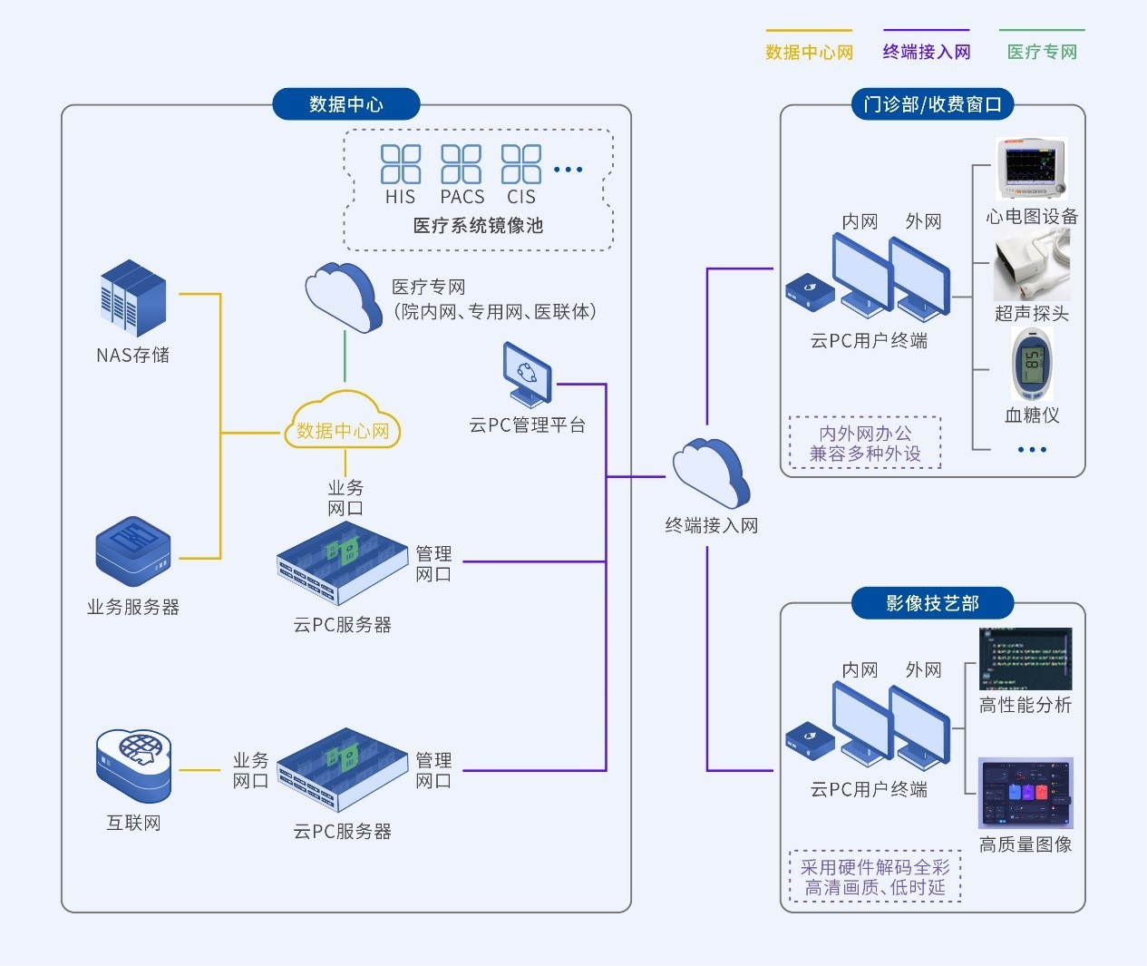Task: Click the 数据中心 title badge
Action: click(345, 104)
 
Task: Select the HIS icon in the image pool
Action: click(401, 164)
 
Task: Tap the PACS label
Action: click(462, 197)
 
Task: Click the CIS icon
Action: click(521, 164)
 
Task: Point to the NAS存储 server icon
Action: click(133, 298)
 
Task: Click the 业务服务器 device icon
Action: click(133, 551)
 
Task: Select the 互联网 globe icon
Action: click(133, 765)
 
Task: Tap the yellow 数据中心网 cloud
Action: click(343, 422)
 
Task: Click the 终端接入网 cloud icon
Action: click(711, 473)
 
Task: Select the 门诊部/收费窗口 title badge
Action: click(932, 104)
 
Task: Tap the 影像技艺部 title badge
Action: click(932, 603)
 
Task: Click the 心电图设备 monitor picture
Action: click(1032, 169)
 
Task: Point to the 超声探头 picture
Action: click(1032, 265)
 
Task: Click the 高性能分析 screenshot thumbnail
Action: click(1025, 659)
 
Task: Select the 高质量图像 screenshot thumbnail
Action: click(1025, 793)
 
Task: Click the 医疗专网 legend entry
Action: click(1042, 52)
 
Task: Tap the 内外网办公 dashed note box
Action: click(865, 444)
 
